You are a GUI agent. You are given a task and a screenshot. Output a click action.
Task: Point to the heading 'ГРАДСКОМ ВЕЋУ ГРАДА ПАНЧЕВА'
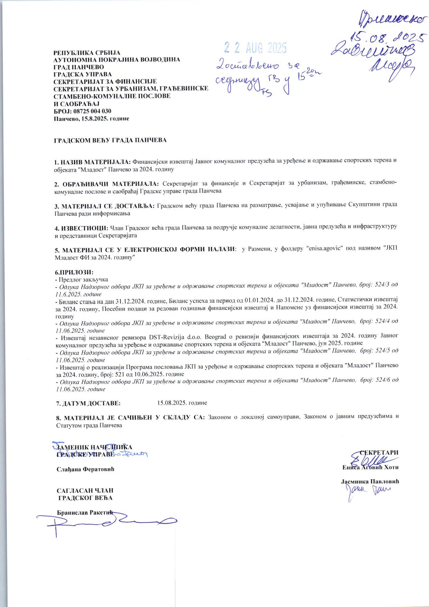pyautogui.click(x=110, y=140)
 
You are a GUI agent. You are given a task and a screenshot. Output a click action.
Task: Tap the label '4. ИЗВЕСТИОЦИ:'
pyautogui.click(x=81, y=228)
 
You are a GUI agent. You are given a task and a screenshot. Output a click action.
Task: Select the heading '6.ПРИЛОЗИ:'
pyautogui.click(x=74, y=273)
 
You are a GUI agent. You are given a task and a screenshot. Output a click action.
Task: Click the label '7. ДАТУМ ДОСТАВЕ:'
pyautogui.click(x=88, y=403)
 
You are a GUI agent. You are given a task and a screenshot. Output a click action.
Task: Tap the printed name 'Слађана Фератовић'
pyautogui.click(x=85, y=469)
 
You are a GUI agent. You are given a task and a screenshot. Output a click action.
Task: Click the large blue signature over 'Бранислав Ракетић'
pyautogui.click(x=107, y=521)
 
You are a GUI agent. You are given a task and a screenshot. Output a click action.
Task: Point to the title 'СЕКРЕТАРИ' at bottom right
pyautogui.click(x=379, y=453)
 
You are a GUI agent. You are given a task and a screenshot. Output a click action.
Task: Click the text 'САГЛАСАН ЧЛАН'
pyautogui.click(x=85, y=491)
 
